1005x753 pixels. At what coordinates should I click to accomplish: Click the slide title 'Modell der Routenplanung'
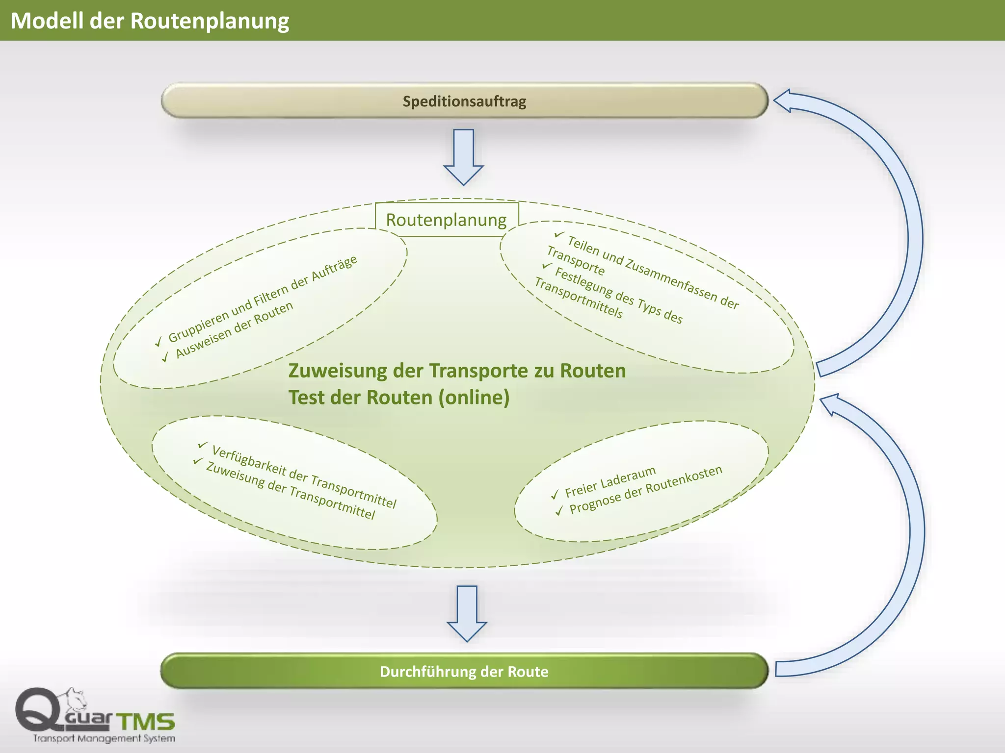150,21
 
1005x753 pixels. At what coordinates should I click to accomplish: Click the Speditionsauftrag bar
464,101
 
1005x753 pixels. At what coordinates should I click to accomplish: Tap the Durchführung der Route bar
464,671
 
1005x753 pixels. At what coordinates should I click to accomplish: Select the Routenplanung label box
447,220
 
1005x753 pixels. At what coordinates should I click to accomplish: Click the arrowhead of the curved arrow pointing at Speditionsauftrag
783,100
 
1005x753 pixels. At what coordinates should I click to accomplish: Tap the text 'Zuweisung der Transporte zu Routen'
457,371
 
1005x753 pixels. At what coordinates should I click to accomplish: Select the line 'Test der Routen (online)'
398,397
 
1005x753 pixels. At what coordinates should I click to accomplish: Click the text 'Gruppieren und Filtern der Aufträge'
263,299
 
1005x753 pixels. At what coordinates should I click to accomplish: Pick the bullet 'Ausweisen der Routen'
235,329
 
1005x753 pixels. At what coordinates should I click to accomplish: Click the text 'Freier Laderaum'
610,481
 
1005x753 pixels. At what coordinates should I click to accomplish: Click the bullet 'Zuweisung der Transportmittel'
291,491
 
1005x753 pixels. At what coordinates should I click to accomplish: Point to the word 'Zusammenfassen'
670,280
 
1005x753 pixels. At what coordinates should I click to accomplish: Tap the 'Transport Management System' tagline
104,738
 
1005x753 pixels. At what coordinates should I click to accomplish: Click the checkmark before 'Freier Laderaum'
555,495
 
